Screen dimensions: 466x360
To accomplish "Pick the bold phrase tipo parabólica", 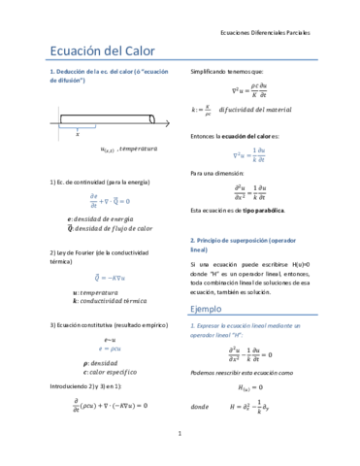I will pos(263,210).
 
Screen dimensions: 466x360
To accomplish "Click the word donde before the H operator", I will pos(201,407).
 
